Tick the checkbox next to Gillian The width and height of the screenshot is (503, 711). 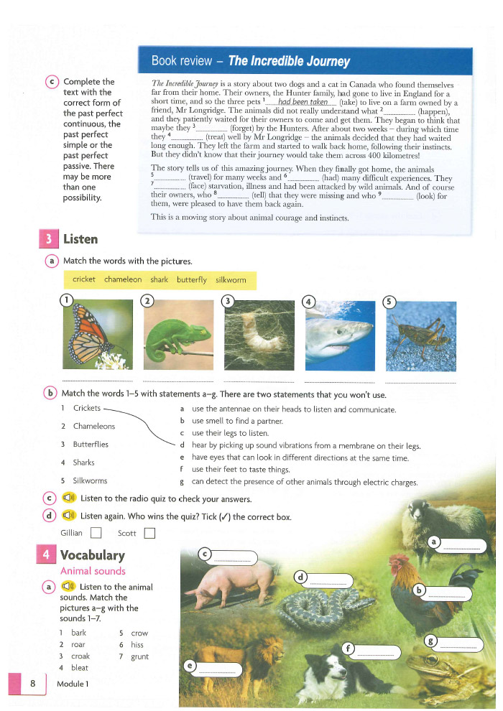click(96, 533)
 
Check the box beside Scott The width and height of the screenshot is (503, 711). click(149, 533)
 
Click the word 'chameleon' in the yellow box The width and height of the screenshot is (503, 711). click(123, 279)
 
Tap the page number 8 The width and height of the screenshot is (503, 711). click(33, 684)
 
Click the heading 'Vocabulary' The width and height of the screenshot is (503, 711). click(92, 555)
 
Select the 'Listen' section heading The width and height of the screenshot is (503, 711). click(80, 238)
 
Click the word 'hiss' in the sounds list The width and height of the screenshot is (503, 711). click(137, 645)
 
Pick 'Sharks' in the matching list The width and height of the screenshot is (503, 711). click(85, 463)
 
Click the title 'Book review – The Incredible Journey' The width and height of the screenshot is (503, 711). click(251, 61)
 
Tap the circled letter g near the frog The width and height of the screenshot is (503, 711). click(430, 641)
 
